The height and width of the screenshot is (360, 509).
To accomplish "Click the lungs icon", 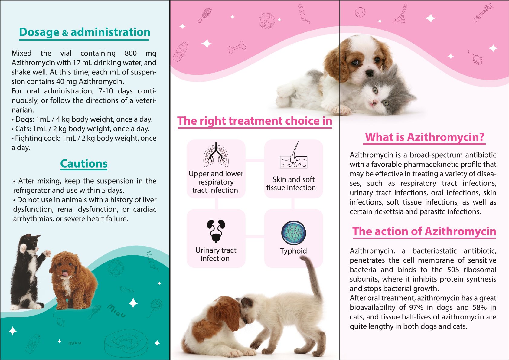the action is (216, 155).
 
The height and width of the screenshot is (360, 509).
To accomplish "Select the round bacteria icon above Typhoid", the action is (294, 233).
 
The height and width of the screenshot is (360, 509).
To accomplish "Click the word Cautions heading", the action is (84, 164).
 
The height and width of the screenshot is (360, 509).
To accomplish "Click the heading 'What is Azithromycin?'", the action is (424, 137).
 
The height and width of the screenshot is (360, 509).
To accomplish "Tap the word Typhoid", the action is (294, 251).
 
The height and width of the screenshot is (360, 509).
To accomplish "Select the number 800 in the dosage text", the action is (131, 53).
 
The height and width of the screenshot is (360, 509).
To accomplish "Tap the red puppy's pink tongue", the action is (65, 274).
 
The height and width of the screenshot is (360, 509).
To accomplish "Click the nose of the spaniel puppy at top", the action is (370, 73).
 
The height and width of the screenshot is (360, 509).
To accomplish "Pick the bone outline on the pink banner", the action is (237, 47).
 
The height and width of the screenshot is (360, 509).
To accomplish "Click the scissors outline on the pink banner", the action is (400, 14).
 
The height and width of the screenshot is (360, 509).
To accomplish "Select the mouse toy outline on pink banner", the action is (475, 58).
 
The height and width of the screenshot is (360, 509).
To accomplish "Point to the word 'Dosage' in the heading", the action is (39, 32).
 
